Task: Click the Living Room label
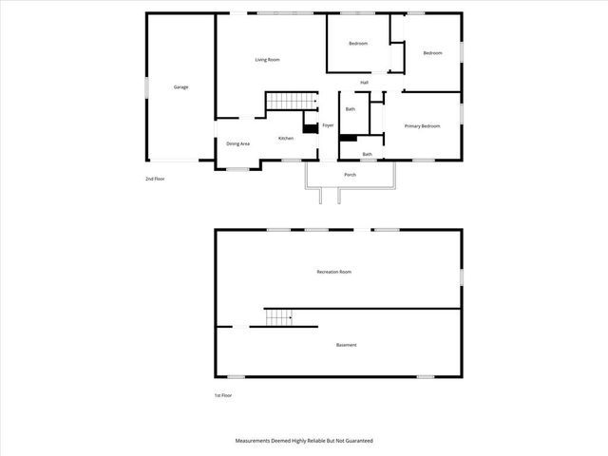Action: tap(267, 60)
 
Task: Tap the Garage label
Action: tap(180, 87)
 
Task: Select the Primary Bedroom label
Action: tap(422, 126)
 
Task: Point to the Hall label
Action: tap(364, 83)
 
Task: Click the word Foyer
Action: tap(328, 125)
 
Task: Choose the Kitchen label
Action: tap(285, 139)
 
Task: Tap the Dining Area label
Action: tap(237, 143)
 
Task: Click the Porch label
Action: tap(350, 175)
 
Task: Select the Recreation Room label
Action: tap(333, 272)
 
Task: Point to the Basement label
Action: tap(346, 345)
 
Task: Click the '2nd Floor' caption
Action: tap(155, 179)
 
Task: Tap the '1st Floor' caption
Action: tap(222, 395)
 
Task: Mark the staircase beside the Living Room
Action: tap(290, 101)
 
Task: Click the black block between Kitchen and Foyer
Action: tap(310, 129)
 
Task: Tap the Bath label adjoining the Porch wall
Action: tap(367, 155)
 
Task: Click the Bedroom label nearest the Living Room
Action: tap(357, 44)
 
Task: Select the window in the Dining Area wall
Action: tap(237, 169)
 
